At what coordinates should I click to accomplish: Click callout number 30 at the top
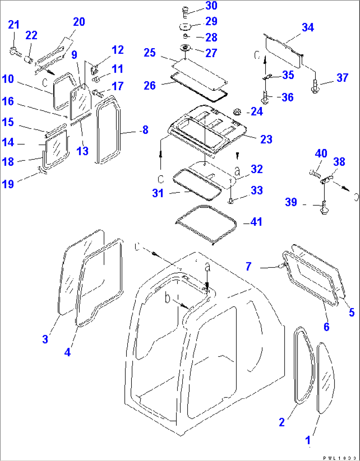[x=211, y=6]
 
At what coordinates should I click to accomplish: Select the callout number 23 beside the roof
[x=266, y=139]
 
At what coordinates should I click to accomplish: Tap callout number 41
[x=256, y=222]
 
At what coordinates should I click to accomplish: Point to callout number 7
[x=248, y=266]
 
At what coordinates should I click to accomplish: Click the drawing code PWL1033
[x=340, y=458]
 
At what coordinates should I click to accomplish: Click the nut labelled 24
[x=237, y=112]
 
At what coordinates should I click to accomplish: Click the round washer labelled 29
[x=186, y=26]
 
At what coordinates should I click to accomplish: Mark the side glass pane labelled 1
[x=325, y=378]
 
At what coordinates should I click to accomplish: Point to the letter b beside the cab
[x=168, y=299]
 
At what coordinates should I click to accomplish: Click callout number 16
[x=8, y=101]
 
